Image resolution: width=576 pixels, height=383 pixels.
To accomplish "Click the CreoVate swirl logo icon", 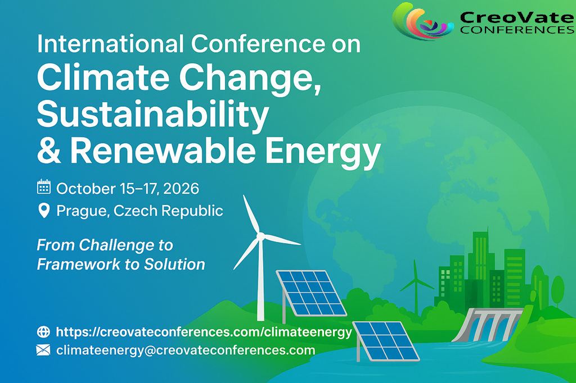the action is (x=423, y=21).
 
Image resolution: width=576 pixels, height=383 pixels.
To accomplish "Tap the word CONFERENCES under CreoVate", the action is (x=517, y=30).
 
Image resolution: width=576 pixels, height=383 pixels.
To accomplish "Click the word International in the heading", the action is (x=110, y=44).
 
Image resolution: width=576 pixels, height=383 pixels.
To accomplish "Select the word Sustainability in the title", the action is (x=153, y=114).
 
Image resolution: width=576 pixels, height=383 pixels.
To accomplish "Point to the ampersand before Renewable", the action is (x=49, y=150).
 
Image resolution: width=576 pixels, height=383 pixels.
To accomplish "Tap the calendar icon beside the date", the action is (x=44, y=186).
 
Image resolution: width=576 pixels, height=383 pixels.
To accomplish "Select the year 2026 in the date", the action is (x=181, y=189).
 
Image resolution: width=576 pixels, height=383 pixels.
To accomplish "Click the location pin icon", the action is (x=44, y=211).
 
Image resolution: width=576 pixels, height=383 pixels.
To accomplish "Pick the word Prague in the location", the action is (x=82, y=211).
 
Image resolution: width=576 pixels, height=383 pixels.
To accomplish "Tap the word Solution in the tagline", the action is (x=174, y=264).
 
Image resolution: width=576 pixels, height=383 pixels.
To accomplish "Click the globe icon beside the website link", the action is (x=43, y=332).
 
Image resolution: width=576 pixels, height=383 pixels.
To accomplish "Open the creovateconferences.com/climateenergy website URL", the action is (x=204, y=332).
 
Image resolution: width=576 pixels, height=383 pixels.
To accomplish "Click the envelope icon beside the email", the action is (x=43, y=350).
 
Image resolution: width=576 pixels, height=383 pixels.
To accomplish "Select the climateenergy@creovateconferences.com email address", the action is (x=186, y=350).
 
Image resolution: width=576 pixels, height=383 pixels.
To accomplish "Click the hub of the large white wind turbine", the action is (x=260, y=236).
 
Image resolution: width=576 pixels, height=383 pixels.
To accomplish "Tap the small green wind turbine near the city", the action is (x=416, y=286).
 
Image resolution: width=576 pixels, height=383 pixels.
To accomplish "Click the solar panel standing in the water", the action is (x=386, y=341).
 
